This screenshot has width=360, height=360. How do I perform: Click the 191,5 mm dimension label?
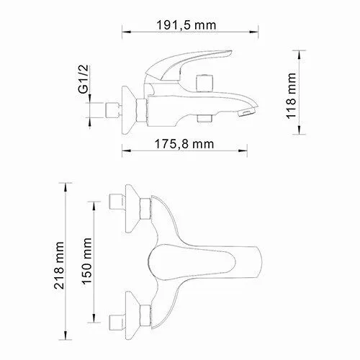pyautogui.click(x=185, y=24)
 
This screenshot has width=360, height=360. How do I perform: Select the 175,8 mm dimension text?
pyautogui.click(x=185, y=143)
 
